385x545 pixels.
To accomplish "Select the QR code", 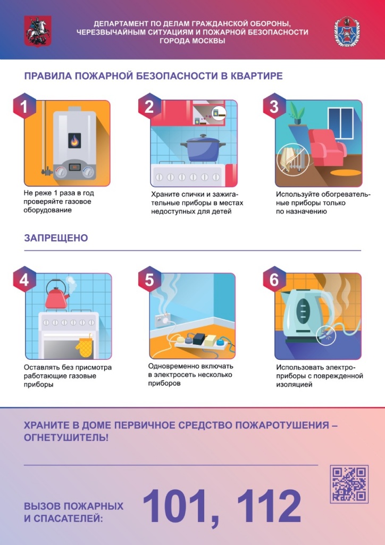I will click(349, 484).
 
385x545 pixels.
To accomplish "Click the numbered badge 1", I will click(24, 107).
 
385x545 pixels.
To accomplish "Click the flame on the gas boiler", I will click(74, 142).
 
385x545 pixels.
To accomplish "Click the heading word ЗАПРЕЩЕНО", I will click(56, 238).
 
